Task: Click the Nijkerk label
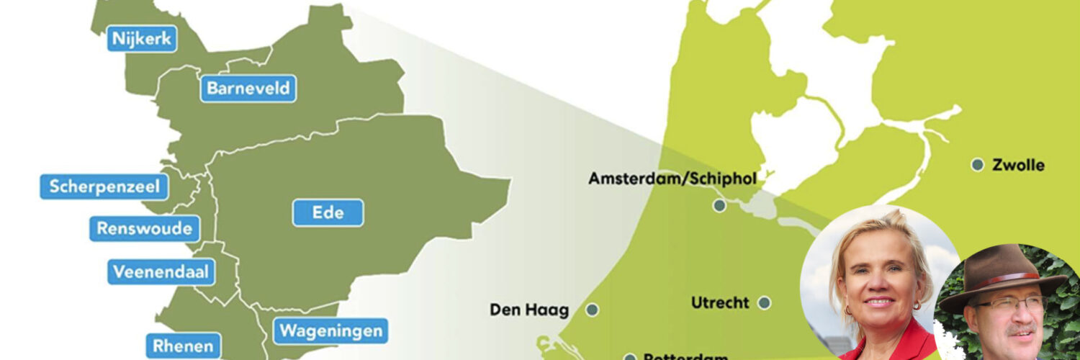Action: (x=143, y=38)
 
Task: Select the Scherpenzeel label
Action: (x=104, y=187)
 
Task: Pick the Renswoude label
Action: (x=145, y=229)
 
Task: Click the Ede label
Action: (x=328, y=213)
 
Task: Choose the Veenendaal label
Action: (x=162, y=271)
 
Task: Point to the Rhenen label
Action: (x=183, y=346)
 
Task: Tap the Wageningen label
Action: (x=330, y=331)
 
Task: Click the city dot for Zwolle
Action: (x=977, y=165)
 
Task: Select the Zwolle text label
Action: (x=1018, y=165)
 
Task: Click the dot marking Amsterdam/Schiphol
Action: (x=719, y=206)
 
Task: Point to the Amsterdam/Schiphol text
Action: (x=672, y=179)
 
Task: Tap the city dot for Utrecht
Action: (x=764, y=303)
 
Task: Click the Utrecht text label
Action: (x=720, y=303)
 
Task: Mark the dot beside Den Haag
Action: (x=592, y=310)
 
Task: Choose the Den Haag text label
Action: (x=529, y=310)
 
